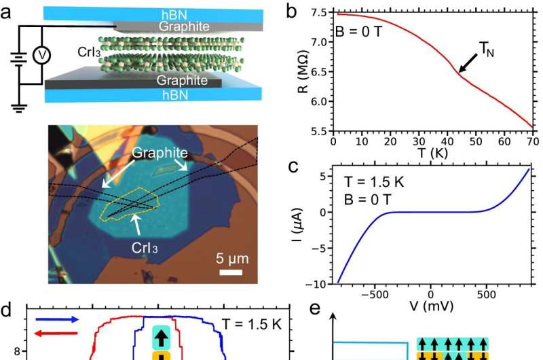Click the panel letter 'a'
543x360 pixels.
click(x=9, y=12)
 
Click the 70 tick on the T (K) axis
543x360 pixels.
click(x=531, y=141)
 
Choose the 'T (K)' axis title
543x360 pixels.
click(x=432, y=153)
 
